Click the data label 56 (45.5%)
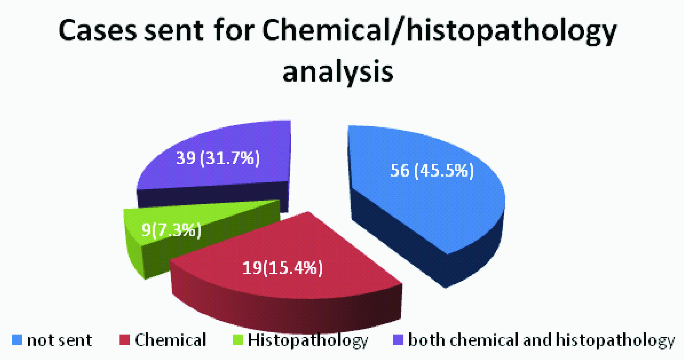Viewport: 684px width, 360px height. pyautogui.click(x=432, y=171)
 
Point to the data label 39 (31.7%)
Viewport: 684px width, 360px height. pyautogui.click(x=218, y=158)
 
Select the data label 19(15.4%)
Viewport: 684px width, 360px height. pyautogui.click(x=282, y=268)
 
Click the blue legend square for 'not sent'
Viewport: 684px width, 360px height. pyautogui.click(x=17, y=340)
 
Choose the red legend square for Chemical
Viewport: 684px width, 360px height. pyautogui.click(x=124, y=340)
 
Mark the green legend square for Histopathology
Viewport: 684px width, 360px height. pyautogui.click(x=238, y=340)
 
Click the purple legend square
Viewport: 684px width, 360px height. pyautogui.click(x=398, y=340)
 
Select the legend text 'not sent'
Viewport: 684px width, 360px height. pyautogui.click(x=59, y=340)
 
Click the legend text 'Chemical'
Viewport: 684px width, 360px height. pyautogui.click(x=170, y=340)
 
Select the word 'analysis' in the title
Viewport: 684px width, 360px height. pyautogui.click(x=338, y=72)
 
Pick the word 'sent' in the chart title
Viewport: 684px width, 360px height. pyautogui.click(x=174, y=31)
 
